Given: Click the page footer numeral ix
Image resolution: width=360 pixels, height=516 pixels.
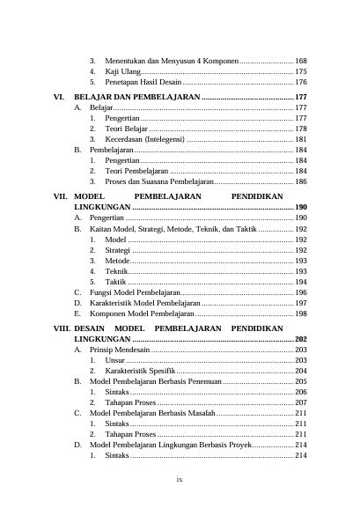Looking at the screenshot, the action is click(180, 480).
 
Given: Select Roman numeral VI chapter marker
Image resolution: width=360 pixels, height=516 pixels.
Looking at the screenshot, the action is click(59, 96).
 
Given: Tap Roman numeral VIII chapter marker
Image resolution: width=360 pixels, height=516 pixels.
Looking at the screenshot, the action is click(61, 328).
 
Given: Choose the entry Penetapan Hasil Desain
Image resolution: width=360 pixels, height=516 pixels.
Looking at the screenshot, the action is click(144, 82).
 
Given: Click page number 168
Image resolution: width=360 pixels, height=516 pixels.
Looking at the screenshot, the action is click(300, 61).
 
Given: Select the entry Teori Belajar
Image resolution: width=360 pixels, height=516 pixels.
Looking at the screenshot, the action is click(127, 129).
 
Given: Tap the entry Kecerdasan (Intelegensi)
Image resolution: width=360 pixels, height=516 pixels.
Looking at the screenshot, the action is click(144, 139).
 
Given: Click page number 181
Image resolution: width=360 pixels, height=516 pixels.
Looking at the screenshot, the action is click(300, 139).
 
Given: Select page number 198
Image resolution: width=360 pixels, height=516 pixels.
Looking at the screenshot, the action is click(300, 313).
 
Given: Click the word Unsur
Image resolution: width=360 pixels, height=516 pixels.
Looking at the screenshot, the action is click(114, 360).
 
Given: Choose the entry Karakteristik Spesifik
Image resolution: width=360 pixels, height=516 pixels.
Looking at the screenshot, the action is click(140, 371).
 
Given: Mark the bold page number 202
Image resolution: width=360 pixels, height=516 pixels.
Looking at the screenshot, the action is click(300, 338).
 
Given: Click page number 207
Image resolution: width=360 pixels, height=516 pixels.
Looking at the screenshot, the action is click(300, 402).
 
